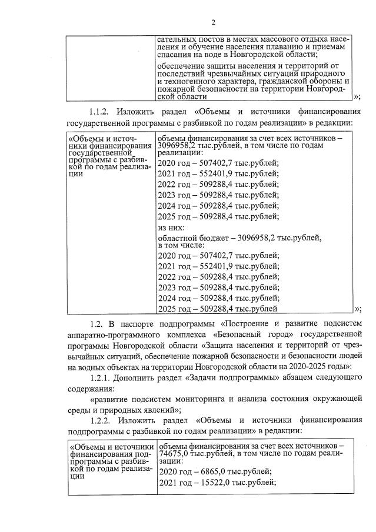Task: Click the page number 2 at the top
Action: click(214, 22)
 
